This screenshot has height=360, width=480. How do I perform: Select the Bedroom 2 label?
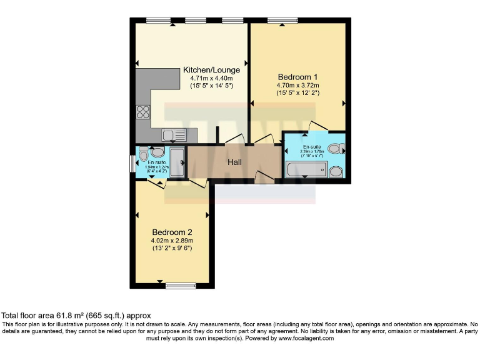pyautogui.click(x=171, y=232)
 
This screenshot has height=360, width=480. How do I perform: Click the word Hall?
pyautogui.click(x=234, y=162)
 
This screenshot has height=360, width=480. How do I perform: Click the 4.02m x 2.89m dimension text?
pyautogui.click(x=172, y=241)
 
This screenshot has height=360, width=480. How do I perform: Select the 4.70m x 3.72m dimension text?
pyautogui.click(x=298, y=86)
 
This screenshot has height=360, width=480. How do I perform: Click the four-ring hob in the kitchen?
pyautogui.click(x=143, y=112)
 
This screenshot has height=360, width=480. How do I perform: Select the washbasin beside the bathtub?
pyautogui.click(x=336, y=171)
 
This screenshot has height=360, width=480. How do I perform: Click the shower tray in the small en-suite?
pyautogui.click(x=177, y=162)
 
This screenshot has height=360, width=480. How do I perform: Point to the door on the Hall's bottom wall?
pyautogui.click(x=262, y=179)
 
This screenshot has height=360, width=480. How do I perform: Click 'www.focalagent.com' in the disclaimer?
pyautogui.click(x=306, y=338)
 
